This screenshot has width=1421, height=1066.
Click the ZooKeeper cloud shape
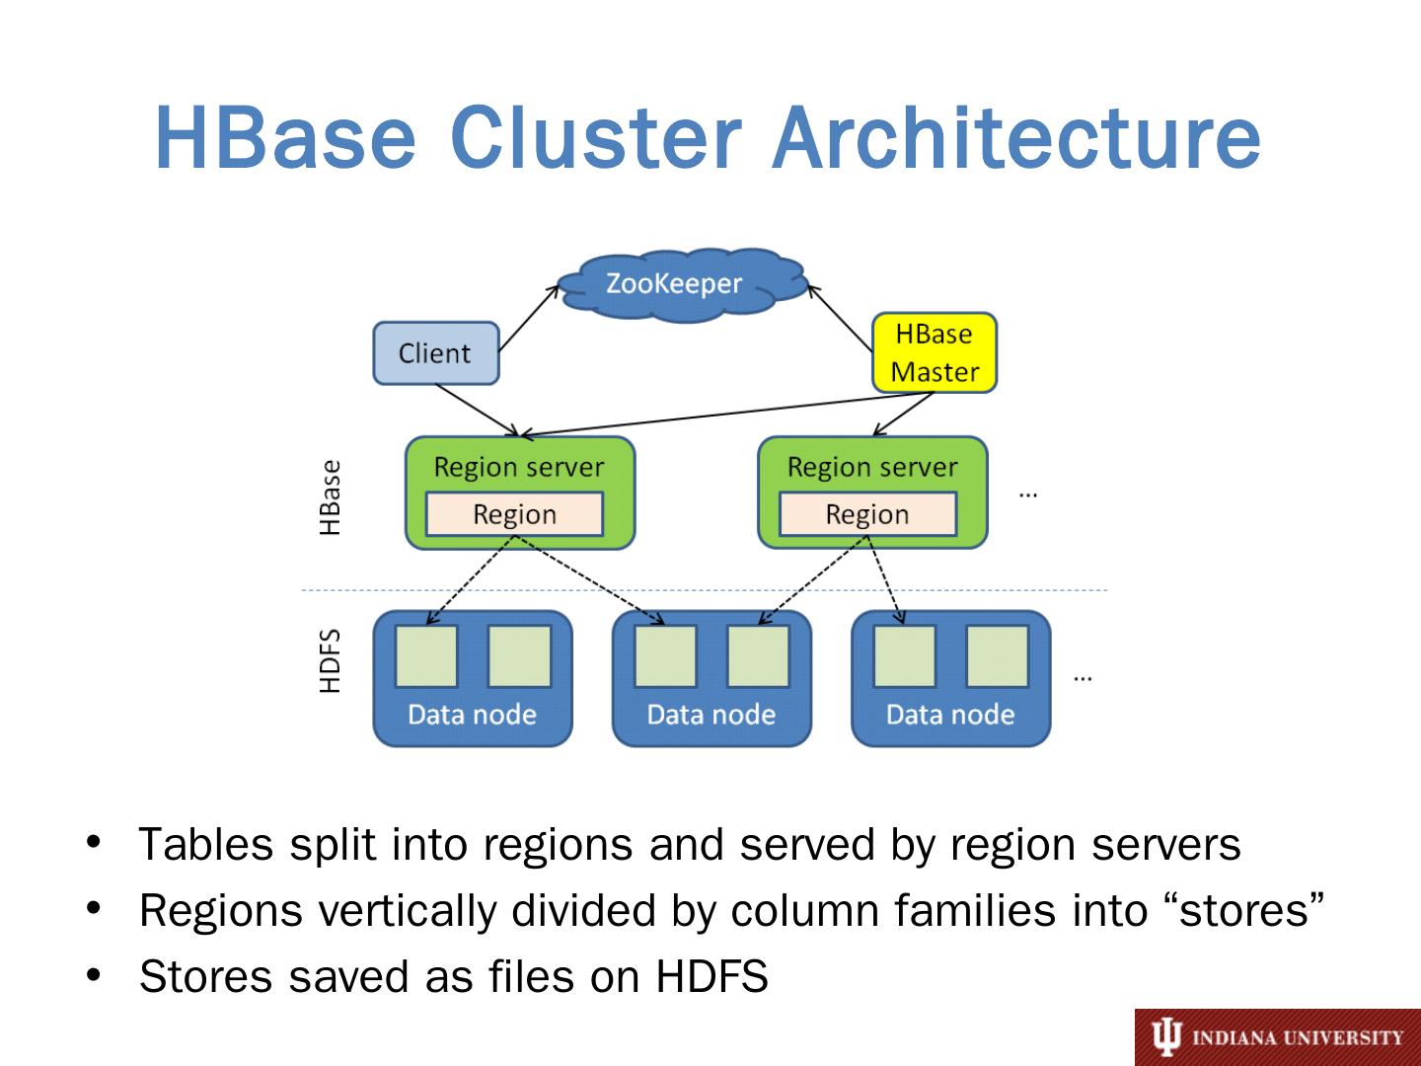pos(683,285)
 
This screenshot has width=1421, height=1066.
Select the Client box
pos(436,353)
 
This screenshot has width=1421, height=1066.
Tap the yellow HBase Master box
pos(935,352)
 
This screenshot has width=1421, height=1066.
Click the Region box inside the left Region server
pos(515,514)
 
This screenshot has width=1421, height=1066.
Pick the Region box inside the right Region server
pos(867,514)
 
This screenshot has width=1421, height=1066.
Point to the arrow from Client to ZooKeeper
pos(529,318)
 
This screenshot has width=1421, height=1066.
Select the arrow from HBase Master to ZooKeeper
pos(841,318)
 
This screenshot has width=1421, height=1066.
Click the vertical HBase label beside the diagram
pos(331,497)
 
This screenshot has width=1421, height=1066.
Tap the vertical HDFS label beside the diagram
pos(331,661)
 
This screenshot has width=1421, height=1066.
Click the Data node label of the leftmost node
pos(472,715)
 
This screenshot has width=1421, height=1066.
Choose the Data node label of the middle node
pos(710,715)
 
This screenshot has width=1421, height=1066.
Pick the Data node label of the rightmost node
pos(949,715)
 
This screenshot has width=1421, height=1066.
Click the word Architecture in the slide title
pos(1016,138)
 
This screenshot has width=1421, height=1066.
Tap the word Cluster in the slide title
pos(596,138)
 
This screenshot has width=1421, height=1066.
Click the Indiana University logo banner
pos(1277,1036)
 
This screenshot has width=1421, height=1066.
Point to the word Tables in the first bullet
pos(206,845)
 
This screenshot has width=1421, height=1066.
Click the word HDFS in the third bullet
pos(712,976)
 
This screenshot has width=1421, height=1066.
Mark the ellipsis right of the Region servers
pos(1028,495)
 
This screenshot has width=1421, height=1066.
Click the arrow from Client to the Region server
pos(478,410)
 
